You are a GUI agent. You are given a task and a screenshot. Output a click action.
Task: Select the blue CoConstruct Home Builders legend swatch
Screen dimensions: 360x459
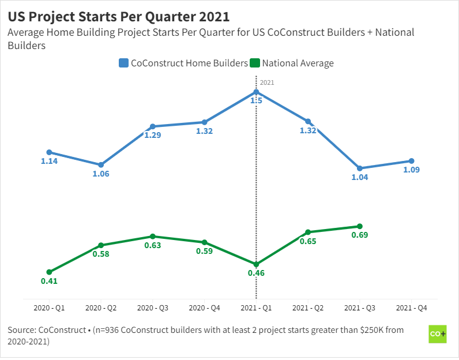[123, 63]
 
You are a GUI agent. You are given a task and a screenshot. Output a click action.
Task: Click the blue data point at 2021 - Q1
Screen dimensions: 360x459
[256, 92]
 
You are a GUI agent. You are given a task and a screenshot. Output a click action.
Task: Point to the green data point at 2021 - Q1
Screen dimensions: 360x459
[256, 264]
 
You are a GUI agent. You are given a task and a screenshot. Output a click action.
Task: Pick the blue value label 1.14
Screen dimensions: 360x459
[49, 161]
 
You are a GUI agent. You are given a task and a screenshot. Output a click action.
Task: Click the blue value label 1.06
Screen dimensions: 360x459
[101, 174]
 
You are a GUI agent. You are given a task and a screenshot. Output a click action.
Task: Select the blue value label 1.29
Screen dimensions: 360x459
[152, 135]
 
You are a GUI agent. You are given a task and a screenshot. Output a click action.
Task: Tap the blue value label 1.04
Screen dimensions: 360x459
[359, 177]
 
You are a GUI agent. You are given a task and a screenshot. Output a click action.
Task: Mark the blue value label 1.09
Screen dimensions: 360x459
[411, 170]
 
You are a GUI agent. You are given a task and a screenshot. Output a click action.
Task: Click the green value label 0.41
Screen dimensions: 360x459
[49, 281]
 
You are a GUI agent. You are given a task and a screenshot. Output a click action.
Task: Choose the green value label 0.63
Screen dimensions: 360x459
[152, 245]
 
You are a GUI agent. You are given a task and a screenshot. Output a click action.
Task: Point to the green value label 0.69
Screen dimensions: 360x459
[359, 235]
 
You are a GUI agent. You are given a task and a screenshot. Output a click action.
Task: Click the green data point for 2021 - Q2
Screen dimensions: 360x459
[308, 232]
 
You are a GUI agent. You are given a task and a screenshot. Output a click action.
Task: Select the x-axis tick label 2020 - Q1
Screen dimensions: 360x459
[49, 308]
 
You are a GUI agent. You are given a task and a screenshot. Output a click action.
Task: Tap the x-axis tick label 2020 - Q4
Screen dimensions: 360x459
[204, 308]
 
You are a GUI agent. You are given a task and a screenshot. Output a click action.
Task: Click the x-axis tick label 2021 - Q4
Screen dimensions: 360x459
[411, 308]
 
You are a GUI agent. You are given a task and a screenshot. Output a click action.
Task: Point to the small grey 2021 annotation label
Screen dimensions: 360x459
[267, 82]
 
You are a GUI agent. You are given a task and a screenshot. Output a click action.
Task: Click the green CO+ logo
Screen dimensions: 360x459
[438, 335]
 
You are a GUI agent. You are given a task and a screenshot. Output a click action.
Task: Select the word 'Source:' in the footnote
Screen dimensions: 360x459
[21, 330]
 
